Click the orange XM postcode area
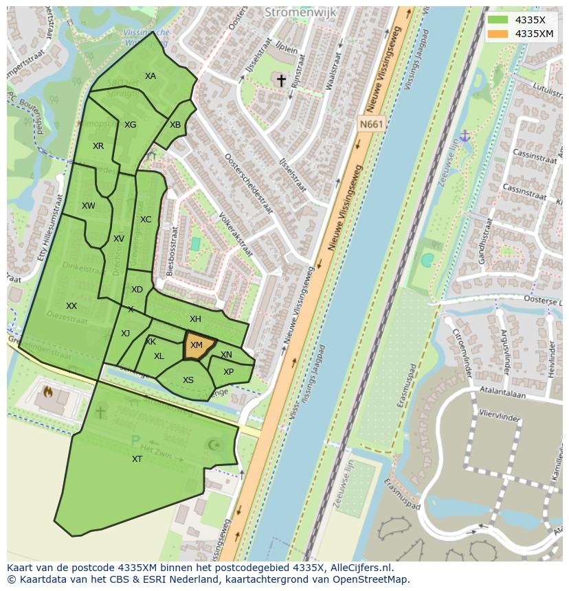[198, 346]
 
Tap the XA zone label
[150, 76]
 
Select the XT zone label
[137, 459]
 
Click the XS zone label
[188, 380]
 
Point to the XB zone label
[175, 125]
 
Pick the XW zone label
[89, 206]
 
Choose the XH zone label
[195, 319]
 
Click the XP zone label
[228, 372]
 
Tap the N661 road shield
[371, 124]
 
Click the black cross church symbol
[281, 80]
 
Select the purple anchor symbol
[465, 136]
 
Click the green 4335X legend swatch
[498, 20]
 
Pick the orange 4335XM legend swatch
[498, 34]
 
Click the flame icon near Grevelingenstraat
[48, 393]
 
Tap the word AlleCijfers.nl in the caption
[359, 568]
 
